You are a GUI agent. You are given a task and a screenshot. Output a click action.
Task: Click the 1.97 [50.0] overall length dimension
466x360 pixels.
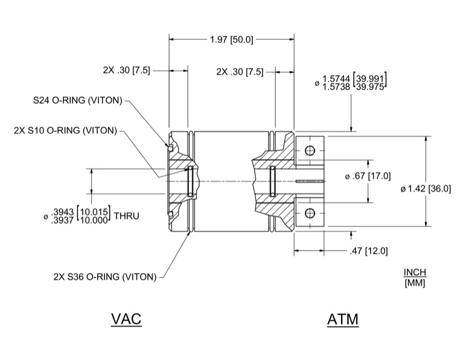[231, 40]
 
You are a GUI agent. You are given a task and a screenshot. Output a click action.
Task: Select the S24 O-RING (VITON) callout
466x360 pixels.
[78, 100]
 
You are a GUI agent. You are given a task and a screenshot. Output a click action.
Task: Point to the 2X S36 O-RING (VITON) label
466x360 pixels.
[104, 277]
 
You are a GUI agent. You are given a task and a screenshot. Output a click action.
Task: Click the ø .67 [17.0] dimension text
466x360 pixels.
[369, 176]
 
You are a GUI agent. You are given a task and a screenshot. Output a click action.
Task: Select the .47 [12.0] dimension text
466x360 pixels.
[368, 251]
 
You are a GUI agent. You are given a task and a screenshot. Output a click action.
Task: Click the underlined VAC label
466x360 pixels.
[126, 318]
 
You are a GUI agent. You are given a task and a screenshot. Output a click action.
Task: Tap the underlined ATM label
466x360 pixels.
[342, 318]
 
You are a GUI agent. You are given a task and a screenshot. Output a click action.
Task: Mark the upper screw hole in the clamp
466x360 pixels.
[310, 150]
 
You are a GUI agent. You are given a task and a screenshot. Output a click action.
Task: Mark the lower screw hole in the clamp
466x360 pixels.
[310, 212]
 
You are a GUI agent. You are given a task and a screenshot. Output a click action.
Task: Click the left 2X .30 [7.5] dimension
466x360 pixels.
[124, 71]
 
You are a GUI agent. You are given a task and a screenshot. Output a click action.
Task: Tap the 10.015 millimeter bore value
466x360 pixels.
[93, 211]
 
